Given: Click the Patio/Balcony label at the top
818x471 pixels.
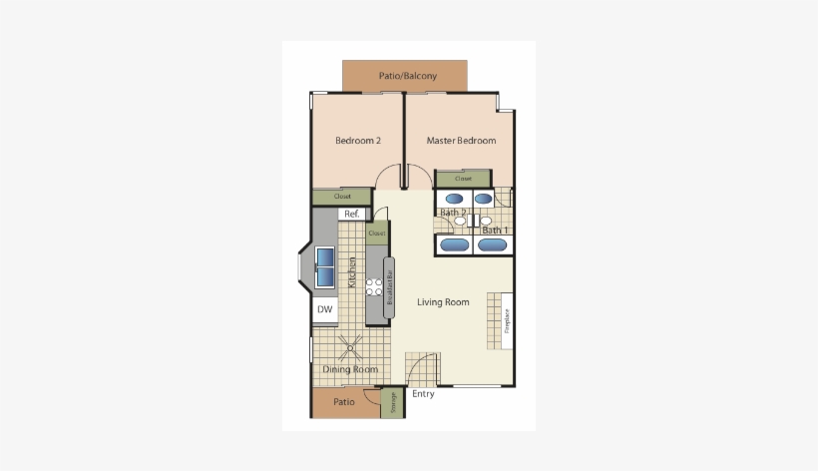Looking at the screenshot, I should click(x=407, y=76).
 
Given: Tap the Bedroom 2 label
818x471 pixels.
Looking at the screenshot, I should click(x=358, y=141).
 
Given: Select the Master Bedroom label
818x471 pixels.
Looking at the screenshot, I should click(x=461, y=141).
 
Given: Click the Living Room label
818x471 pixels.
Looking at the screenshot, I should click(x=443, y=302).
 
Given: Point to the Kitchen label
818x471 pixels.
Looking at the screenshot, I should click(x=352, y=272).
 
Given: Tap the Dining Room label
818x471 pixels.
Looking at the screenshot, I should click(x=350, y=370).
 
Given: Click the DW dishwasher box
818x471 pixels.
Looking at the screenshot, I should click(x=324, y=309).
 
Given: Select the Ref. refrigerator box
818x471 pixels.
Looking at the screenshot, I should click(x=350, y=215).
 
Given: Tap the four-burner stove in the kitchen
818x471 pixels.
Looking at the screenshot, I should click(x=374, y=287).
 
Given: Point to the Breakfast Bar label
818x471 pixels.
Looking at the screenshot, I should click(x=389, y=288).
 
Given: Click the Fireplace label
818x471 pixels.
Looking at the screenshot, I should click(x=507, y=320).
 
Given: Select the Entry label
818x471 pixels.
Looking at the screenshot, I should click(x=423, y=394).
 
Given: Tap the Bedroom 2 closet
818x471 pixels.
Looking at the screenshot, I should click(x=342, y=197).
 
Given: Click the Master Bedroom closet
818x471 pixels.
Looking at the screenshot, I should click(x=463, y=180).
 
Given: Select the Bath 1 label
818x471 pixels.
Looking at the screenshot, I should click(x=495, y=232).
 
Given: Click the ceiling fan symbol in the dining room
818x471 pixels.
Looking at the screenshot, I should click(x=351, y=346).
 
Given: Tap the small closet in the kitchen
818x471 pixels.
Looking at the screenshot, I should click(x=376, y=234).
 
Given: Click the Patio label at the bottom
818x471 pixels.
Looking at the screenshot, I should click(x=344, y=403).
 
